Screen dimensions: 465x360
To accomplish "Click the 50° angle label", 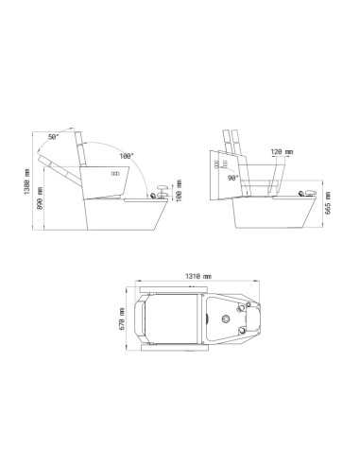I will (53, 137).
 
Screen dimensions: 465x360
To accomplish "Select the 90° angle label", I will (233, 177).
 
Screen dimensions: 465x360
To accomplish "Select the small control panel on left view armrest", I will (116, 175).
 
